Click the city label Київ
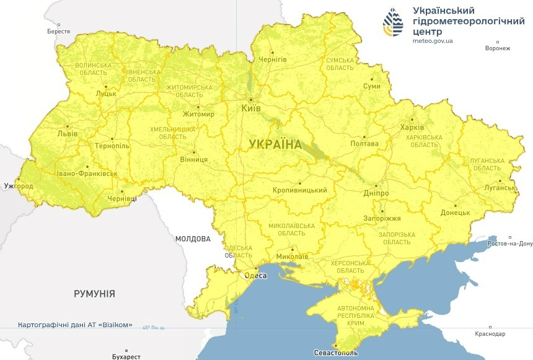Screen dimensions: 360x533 pyautogui.click(x=250, y=108)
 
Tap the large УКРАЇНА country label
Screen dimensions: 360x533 pyautogui.click(x=275, y=144)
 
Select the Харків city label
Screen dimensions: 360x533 pyautogui.click(x=412, y=128)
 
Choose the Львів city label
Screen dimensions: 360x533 pyautogui.click(x=67, y=133)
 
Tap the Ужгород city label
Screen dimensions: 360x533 pyautogui.click(x=19, y=185)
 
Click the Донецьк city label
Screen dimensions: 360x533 pyautogui.click(x=456, y=213)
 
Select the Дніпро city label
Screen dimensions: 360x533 pyautogui.click(x=377, y=193)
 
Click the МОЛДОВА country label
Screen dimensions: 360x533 pyautogui.click(x=193, y=239)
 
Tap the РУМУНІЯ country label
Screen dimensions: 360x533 pyautogui.click(x=94, y=293)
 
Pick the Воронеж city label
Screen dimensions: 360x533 pyautogui.click(x=498, y=48)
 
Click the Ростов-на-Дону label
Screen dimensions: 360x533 pyautogui.click(x=510, y=244)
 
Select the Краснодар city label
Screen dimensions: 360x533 pyautogui.click(x=490, y=334)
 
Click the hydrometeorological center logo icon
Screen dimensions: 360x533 pyautogui.click(x=392, y=23)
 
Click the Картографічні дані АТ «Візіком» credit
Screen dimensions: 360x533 pyautogui.click(x=75, y=325)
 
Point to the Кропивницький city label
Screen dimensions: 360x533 pyautogui.click(x=299, y=190)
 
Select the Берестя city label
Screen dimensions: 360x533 pyautogui.click(x=58, y=31)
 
